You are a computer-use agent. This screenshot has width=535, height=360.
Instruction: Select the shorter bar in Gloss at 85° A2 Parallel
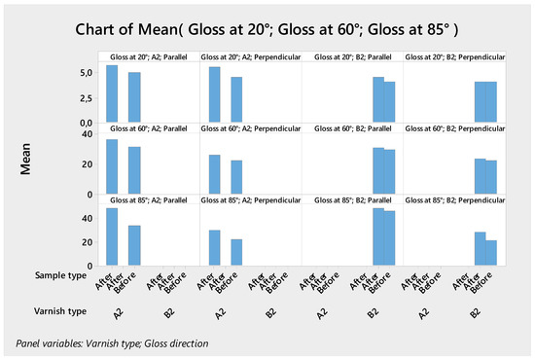click(134, 245)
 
